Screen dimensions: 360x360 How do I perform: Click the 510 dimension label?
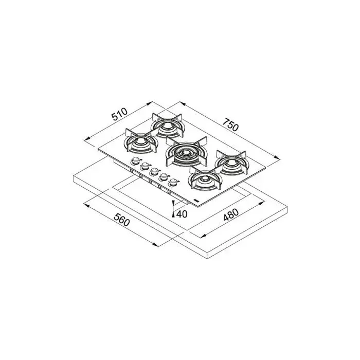pyautogui.click(x=119, y=114)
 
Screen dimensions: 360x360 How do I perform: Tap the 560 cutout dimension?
pyautogui.click(x=122, y=220)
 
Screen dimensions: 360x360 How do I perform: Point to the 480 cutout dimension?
pyautogui.click(x=231, y=214)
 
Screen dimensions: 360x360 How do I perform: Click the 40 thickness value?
pyautogui.click(x=182, y=214)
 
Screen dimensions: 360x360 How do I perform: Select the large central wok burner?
pyautogui.click(x=186, y=152)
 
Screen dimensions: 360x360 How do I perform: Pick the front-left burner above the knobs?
pyautogui.click(x=141, y=141)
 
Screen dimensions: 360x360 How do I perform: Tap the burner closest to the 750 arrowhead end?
pyautogui.click(x=231, y=163)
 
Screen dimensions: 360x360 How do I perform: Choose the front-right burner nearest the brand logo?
pyautogui.click(x=204, y=178)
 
